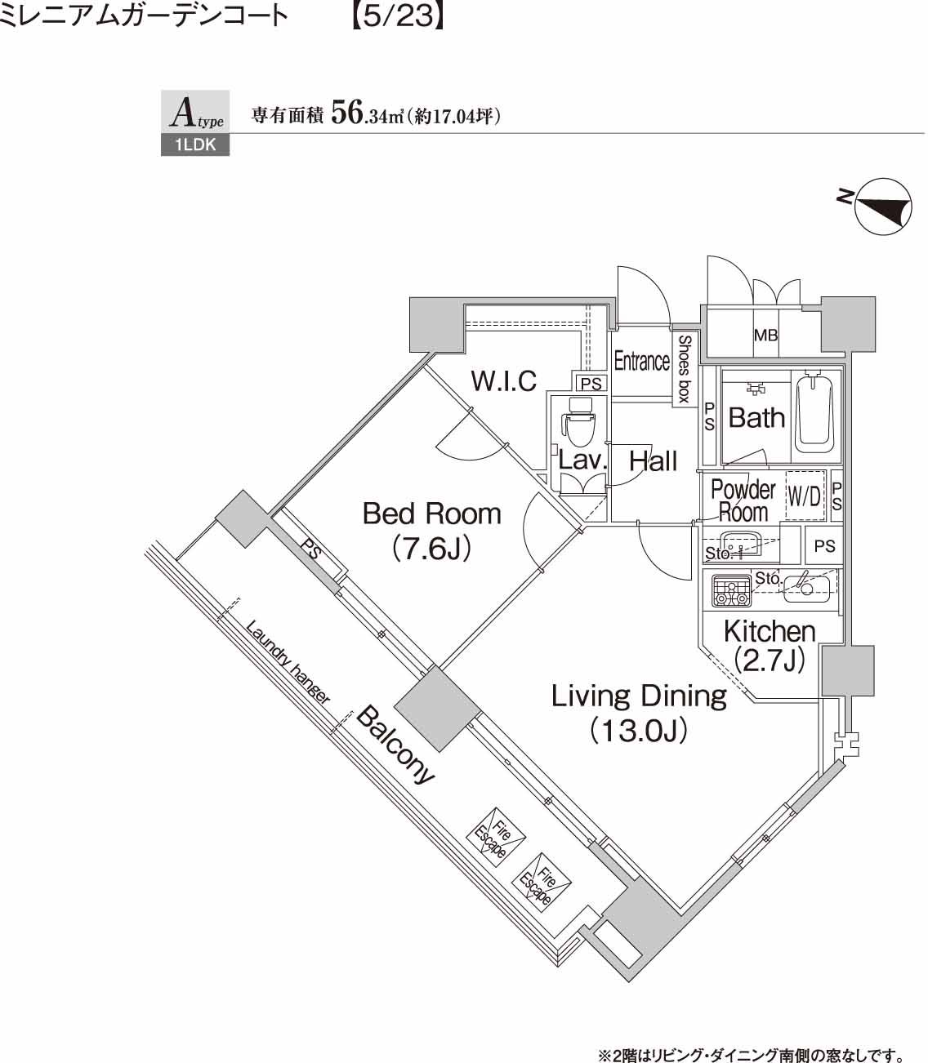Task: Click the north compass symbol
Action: (x=882, y=207)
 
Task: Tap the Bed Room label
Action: (x=431, y=531)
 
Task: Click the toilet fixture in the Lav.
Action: (x=578, y=423)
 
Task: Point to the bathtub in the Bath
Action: (x=814, y=413)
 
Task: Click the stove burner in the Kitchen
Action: (x=731, y=590)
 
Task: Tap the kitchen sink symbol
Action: (x=806, y=585)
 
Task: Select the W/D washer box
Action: (x=804, y=496)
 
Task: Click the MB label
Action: (x=765, y=335)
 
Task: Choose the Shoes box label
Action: (x=684, y=368)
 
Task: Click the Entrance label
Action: (x=641, y=361)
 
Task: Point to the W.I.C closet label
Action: (x=504, y=380)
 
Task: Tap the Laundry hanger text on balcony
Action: (x=288, y=663)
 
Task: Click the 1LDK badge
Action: (x=194, y=146)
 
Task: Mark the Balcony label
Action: (x=396, y=745)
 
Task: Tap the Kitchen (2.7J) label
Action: (x=769, y=644)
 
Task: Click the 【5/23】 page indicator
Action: (x=396, y=16)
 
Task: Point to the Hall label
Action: (x=653, y=461)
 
